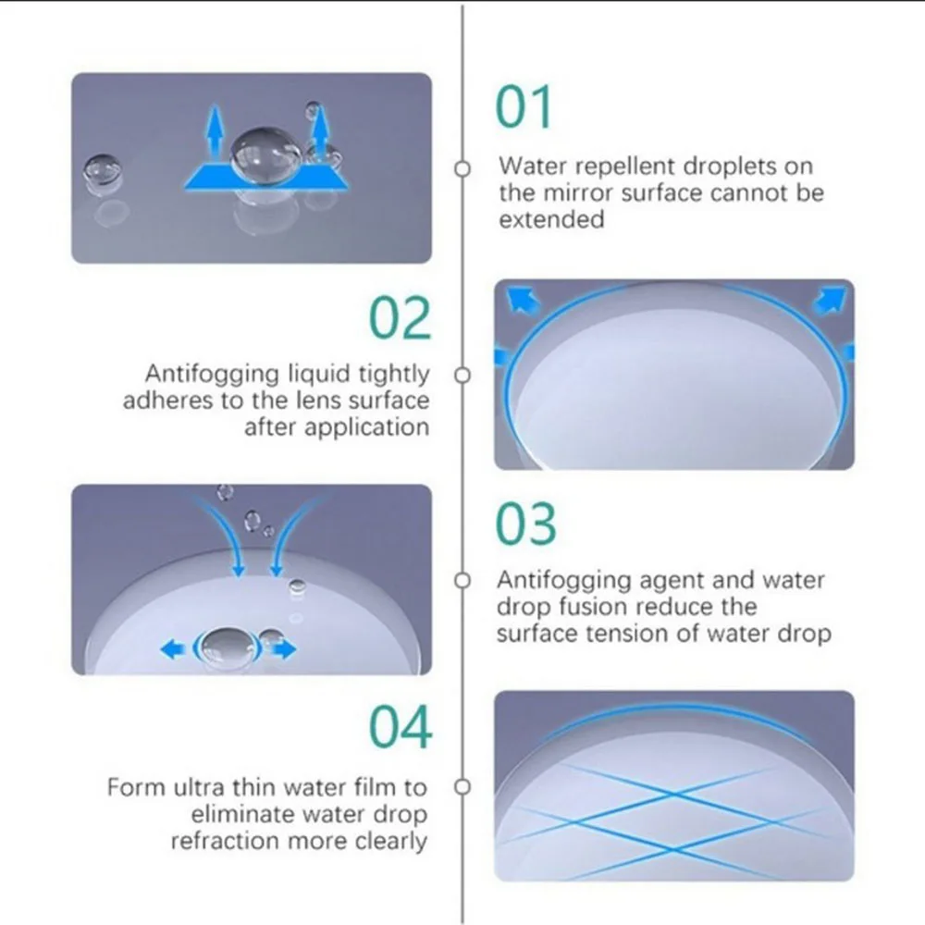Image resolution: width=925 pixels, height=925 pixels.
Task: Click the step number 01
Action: (x=524, y=106)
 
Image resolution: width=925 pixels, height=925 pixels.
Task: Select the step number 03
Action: (x=525, y=524)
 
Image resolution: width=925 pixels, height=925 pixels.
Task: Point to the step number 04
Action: (x=401, y=727)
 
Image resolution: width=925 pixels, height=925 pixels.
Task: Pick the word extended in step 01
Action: (x=551, y=219)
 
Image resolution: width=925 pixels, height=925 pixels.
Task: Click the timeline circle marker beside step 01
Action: (x=462, y=168)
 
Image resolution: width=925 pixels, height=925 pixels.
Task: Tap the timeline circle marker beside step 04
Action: (x=462, y=787)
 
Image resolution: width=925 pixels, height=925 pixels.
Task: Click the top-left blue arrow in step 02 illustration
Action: (x=524, y=300)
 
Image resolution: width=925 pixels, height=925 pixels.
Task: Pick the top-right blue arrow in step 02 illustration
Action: (x=830, y=299)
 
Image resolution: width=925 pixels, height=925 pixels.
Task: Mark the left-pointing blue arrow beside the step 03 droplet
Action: (x=173, y=650)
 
